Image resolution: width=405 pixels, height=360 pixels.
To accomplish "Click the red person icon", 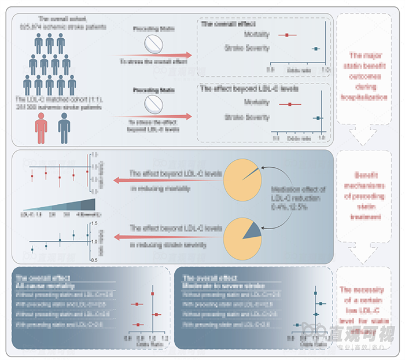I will pos(41,128).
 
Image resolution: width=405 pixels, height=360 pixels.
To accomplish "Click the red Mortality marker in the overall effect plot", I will pos(286,35).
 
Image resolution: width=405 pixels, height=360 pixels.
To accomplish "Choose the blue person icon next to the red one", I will pos(64,128).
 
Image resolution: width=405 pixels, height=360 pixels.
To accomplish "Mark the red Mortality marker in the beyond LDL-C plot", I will pos(289,104).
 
